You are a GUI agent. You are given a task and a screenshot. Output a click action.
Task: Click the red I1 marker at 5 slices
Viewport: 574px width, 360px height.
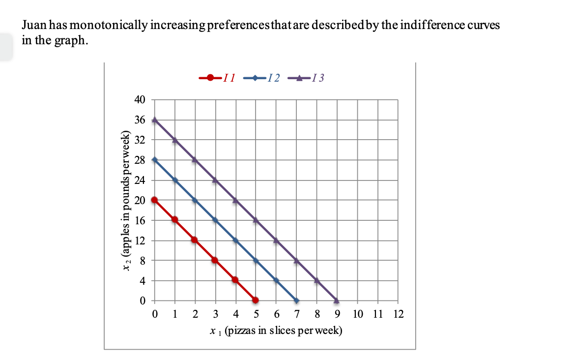pos(256,300)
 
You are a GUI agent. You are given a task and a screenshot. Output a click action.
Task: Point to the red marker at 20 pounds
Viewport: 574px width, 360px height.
pos(155,200)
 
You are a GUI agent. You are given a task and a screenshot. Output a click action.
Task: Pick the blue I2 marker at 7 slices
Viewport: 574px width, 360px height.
pos(296,300)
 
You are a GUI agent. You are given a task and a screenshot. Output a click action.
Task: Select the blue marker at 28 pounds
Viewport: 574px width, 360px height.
pos(155,159)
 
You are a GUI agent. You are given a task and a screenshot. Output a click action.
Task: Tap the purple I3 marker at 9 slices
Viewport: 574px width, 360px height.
pos(337,300)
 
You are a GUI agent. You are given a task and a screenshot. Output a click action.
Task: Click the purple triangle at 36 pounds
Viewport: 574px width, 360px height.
pos(155,120)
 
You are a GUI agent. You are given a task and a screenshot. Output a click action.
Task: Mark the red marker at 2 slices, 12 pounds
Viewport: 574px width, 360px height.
pos(195,240)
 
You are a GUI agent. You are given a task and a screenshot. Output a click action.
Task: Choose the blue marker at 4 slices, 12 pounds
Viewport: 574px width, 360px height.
pos(235,240)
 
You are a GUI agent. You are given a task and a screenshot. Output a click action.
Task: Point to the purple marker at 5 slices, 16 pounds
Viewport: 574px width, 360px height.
pos(256,220)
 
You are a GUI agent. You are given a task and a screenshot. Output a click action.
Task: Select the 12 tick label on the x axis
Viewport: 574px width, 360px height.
pos(398,314)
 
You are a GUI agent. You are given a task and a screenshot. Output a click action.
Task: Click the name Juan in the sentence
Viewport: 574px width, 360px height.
pos(33,26)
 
